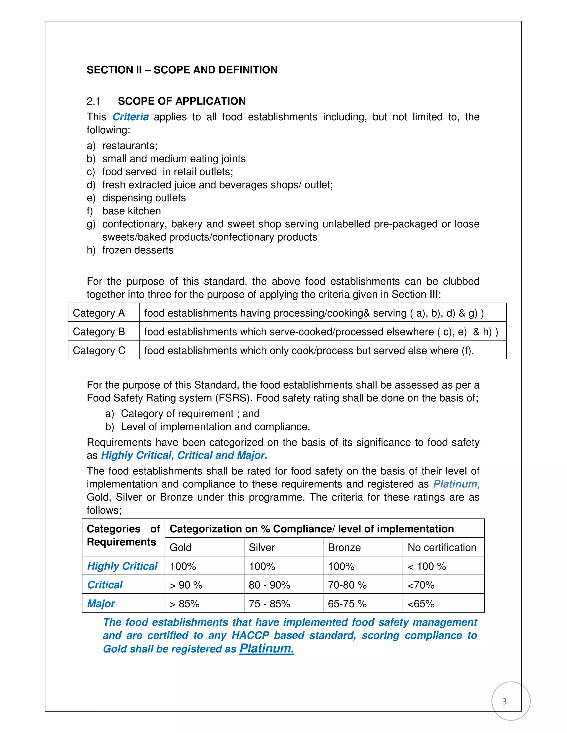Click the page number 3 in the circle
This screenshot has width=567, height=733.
tap(504, 701)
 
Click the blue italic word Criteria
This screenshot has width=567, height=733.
tap(130, 117)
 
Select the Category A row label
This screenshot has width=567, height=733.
tap(99, 313)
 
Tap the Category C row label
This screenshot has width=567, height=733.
tap(99, 350)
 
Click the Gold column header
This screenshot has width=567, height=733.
tap(181, 547)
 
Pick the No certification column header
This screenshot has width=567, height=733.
tap(442, 547)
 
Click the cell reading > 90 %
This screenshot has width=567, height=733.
tap(186, 585)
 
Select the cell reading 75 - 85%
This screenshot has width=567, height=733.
tap(269, 604)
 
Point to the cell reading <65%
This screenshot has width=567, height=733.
tap(421, 604)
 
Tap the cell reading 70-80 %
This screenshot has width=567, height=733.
tap(347, 585)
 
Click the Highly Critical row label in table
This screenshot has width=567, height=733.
tap(122, 566)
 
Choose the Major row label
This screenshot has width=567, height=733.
tap(101, 604)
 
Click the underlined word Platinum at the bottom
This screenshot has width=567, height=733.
tap(266, 648)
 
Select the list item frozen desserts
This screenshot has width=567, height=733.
tap(138, 250)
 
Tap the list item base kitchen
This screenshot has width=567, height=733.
tap(131, 211)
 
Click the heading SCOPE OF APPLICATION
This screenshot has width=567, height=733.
tap(182, 101)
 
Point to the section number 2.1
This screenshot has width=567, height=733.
tap(93, 101)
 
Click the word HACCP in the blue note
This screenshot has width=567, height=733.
tap(250, 635)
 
